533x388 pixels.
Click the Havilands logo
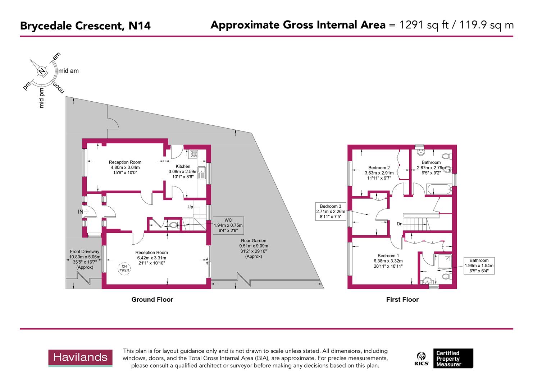point(80,358)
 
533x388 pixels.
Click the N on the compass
point(42,71)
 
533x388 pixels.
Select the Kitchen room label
point(183,166)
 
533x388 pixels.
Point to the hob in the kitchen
point(193,154)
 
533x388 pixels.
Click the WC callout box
point(228,225)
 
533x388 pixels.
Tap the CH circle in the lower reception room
point(124,268)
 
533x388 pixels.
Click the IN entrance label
point(81,212)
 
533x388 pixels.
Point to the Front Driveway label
point(85,252)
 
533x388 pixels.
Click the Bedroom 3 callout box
point(331,211)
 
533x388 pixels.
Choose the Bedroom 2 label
point(379,168)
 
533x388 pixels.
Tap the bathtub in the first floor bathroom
point(438,189)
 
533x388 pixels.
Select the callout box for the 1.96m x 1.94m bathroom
point(479,265)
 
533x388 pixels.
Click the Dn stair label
point(400,224)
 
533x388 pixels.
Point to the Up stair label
point(190,207)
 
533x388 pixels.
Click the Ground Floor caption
point(152,300)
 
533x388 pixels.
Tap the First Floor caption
point(402,300)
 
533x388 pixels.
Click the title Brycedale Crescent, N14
point(85,26)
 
